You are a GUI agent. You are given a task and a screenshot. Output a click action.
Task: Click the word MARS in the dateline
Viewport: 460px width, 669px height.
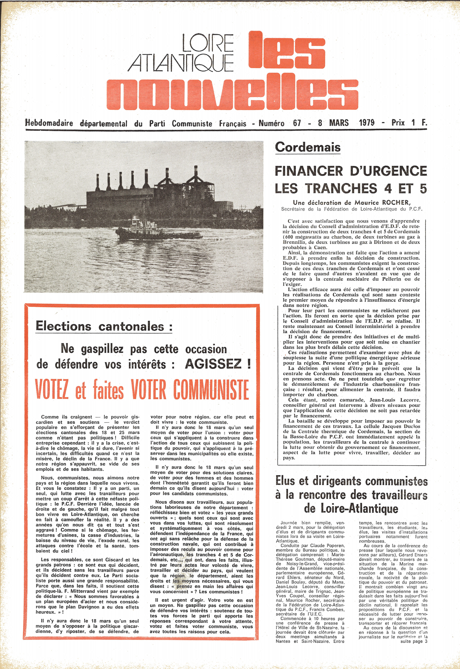point(339,123)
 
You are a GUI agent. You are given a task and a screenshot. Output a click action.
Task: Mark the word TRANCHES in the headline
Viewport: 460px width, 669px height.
point(341,188)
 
